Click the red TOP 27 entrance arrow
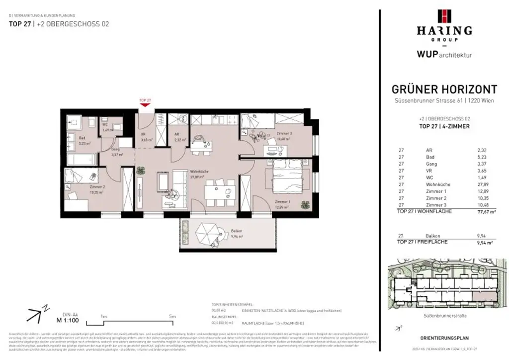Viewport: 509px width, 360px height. point(145,104)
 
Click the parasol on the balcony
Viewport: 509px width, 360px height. point(207,233)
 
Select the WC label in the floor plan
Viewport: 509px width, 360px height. point(105,125)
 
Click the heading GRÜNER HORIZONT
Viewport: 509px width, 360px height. point(444,90)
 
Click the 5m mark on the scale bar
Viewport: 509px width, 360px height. point(172,316)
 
